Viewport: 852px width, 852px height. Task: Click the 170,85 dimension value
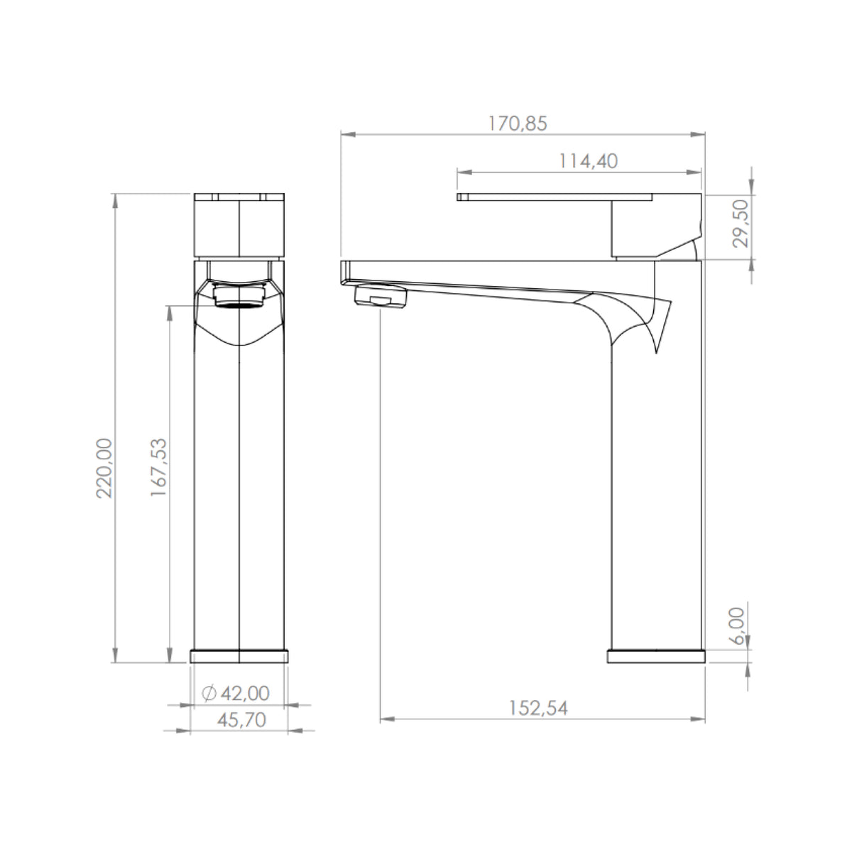[x=518, y=124]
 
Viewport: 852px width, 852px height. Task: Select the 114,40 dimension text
[x=588, y=162]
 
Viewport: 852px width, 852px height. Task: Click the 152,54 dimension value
[x=538, y=708]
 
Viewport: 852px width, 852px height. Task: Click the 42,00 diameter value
[x=246, y=692]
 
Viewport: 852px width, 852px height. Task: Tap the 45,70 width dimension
[x=241, y=720]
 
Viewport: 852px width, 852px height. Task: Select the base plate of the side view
[x=657, y=656]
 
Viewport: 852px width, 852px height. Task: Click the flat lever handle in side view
[x=554, y=197]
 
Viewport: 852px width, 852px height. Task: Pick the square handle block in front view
[x=239, y=227]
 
